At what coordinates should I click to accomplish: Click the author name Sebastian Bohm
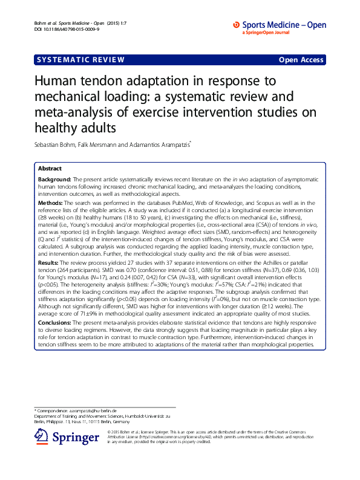[x=59, y=144]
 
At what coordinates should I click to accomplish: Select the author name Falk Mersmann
[x=110, y=144]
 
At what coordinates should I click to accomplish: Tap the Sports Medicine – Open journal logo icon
[x=237, y=25]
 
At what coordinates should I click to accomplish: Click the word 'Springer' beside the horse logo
[x=75, y=437]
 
